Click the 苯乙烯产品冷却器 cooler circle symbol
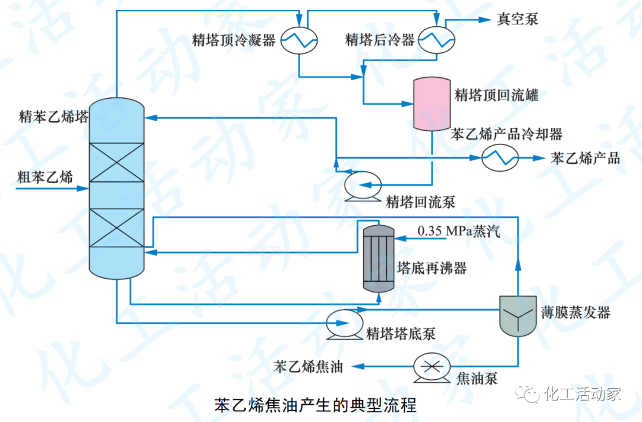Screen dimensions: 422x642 (500, 158)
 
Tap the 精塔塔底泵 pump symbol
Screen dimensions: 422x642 (344, 323)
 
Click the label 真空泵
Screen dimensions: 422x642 (517, 20)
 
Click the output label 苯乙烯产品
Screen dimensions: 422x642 (586, 158)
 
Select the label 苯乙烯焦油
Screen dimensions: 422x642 (309, 366)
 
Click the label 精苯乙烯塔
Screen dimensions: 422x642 (53, 116)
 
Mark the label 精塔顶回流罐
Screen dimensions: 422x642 (497, 95)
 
